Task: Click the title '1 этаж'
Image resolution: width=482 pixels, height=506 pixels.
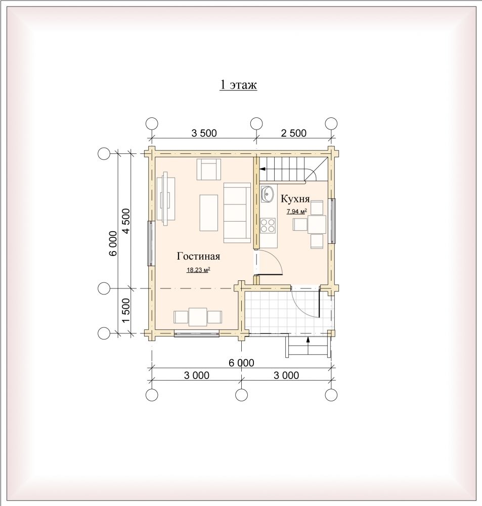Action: [x=238, y=85]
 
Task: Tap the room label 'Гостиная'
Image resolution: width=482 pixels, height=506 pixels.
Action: [x=198, y=256]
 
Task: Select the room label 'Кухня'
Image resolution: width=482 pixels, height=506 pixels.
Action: [x=295, y=199]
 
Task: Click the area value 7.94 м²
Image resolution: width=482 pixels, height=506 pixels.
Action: [x=296, y=212]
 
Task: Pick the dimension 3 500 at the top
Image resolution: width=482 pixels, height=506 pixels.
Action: [x=204, y=133]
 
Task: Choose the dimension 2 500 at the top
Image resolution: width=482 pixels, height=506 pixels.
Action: [x=293, y=133]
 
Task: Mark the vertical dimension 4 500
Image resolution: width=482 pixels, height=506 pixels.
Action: [x=125, y=221]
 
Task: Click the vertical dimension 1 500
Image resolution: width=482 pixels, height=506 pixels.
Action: [x=125, y=310]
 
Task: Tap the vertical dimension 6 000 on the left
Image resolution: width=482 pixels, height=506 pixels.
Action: [x=113, y=243]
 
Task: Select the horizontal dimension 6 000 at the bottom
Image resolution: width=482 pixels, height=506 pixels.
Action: [x=241, y=363]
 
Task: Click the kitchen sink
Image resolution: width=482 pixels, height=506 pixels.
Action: [x=267, y=194]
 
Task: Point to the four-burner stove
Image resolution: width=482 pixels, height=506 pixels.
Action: [x=268, y=225]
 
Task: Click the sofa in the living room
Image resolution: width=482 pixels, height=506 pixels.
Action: [x=237, y=213]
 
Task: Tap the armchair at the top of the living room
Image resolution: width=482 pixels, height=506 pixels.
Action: [x=209, y=170]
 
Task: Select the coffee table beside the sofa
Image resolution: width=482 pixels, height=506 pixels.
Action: [x=209, y=213]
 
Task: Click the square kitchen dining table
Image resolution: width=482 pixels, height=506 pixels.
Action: [x=317, y=225]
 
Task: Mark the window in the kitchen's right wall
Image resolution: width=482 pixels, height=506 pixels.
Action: [x=332, y=221]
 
